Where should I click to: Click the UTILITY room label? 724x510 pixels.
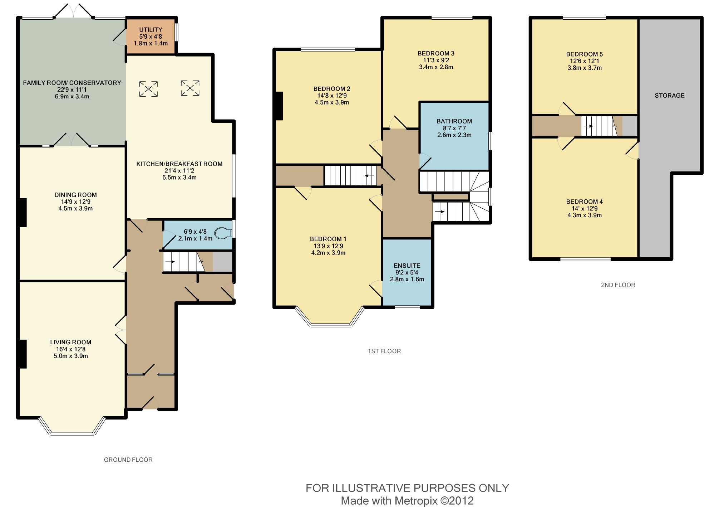click(151, 30)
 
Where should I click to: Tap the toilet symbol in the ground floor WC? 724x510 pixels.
click(225, 233)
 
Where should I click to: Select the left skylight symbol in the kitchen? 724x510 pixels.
click(148, 89)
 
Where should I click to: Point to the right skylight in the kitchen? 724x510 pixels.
click(190, 88)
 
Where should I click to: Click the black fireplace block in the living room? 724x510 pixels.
click(23, 354)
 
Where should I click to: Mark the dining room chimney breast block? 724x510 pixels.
click(23, 213)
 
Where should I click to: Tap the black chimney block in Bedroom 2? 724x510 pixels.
click(279, 106)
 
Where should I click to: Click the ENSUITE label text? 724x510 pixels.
click(407, 266)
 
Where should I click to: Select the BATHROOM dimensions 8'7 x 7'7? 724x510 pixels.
click(454, 128)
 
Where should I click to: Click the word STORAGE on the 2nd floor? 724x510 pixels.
click(670, 96)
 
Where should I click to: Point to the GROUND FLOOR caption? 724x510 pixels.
click(128, 460)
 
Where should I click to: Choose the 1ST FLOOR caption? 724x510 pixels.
click(384, 351)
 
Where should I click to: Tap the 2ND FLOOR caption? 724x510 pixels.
click(618, 285)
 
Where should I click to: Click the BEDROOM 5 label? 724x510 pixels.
click(585, 54)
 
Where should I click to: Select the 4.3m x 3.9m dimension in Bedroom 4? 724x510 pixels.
click(585, 215)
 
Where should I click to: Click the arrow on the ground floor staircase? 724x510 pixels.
click(170, 262)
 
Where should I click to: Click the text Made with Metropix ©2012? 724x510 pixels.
click(407, 501)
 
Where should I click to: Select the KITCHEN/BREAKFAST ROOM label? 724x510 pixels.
click(179, 164)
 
